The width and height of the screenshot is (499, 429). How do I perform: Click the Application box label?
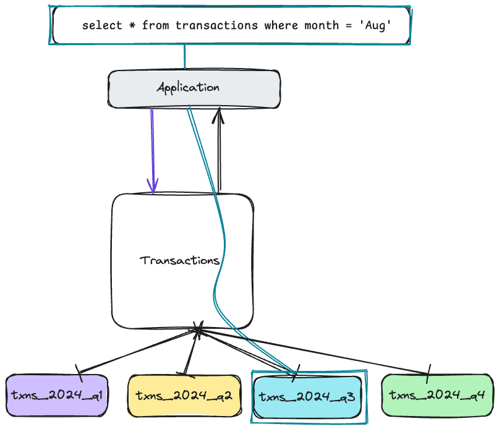[188, 88]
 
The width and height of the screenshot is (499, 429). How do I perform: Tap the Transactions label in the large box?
[180, 260]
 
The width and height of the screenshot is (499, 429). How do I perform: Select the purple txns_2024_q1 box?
[56, 395]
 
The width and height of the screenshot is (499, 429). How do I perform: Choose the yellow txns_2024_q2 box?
[184, 395]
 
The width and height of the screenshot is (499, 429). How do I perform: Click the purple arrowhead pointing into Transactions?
[153, 185]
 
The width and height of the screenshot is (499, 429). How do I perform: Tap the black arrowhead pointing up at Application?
[219, 114]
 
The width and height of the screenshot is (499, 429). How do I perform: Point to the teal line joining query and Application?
[184, 57]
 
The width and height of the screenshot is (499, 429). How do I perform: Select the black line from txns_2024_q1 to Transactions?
[136, 352]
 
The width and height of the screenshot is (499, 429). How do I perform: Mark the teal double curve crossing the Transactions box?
[218, 260]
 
